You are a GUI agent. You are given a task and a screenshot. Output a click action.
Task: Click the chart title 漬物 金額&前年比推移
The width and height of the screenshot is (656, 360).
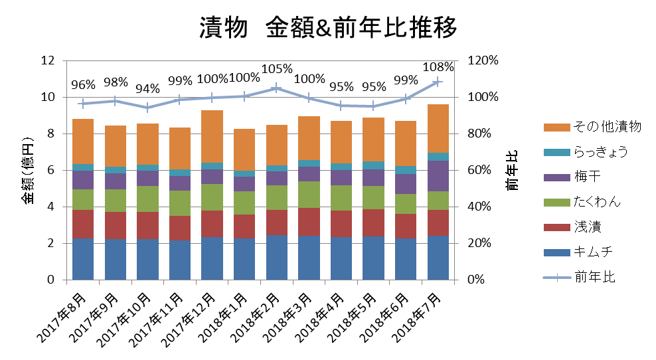(328, 29)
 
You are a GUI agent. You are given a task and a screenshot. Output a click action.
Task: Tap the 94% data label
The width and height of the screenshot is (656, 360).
(147, 89)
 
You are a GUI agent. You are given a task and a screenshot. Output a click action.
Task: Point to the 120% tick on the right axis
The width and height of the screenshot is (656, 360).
(483, 60)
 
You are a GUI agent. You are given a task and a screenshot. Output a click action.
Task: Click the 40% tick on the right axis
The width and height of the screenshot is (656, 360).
(480, 207)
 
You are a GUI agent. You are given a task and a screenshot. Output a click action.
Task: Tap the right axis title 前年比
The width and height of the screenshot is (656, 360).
(512, 170)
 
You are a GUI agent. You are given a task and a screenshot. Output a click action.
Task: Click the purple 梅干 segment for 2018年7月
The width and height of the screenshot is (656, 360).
(438, 176)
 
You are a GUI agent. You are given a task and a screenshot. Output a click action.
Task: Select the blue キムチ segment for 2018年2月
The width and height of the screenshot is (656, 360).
(277, 257)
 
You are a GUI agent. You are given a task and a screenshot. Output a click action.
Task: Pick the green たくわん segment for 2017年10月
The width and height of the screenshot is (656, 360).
(147, 199)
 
